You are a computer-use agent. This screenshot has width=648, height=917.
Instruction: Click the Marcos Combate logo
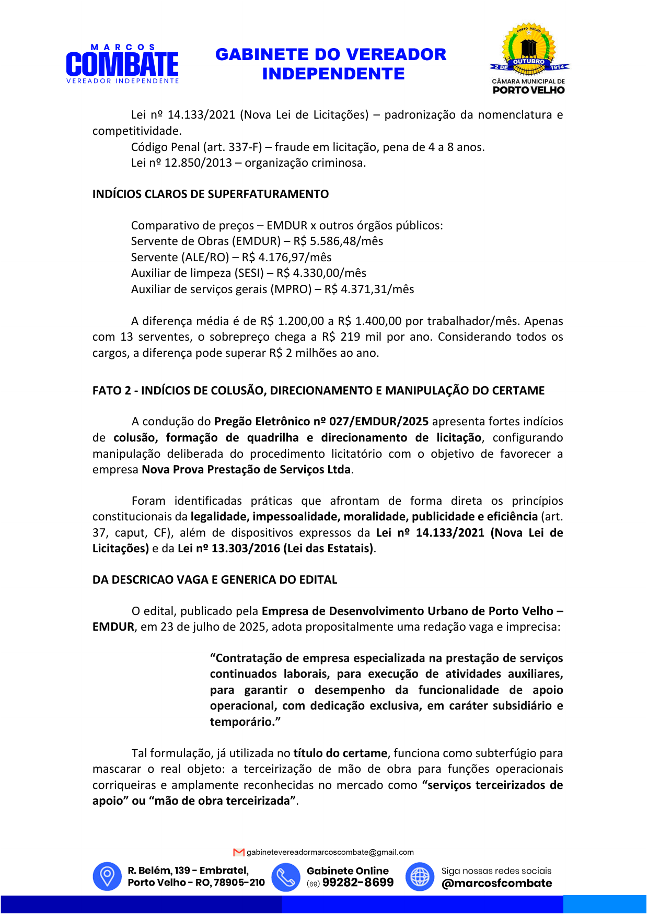pyautogui.click(x=122, y=64)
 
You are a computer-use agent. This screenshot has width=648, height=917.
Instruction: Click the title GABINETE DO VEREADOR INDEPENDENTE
pyautogui.click(x=331, y=64)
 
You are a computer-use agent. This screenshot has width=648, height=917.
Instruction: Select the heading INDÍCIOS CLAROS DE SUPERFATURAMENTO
pyautogui.click(x=211, y=194)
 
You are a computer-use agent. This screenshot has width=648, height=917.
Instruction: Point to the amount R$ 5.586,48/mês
pyautogui.click(x=338, y=241)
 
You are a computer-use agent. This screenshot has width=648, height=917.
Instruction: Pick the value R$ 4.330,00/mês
pyautogui.click(x=321, y=273)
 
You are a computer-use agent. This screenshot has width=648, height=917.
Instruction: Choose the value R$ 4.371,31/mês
pyautogui.click(x=369, y=289)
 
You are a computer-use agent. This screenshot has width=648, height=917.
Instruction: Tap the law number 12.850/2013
pyautogui.click(x=198, y=163)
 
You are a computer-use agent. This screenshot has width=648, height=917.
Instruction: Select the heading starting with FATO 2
pyautogui.click(x=318, y=391)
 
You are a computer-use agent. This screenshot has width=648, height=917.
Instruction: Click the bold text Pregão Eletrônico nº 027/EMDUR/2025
pyautogui.click(x=321, y=422)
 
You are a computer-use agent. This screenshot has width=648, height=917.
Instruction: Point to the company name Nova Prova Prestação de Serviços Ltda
pyautogui.click(x=246, y=470)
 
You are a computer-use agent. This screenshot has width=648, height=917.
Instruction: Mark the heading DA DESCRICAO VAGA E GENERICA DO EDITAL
pyautogui.click(x=215, y=580)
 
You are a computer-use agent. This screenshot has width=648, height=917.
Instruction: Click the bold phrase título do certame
pyautogui.click(x=340, y=753)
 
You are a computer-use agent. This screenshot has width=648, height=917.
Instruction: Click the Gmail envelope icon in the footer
pyautogui.click(x=239, y=853)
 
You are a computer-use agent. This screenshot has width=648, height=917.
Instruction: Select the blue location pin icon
pyautogui.click(x=107, y=876)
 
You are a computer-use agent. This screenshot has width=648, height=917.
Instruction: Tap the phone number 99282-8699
pyautogui.click(x=358, y=883)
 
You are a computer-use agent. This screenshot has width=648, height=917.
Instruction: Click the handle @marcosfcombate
pyautogui.click(x=496, y=884)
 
